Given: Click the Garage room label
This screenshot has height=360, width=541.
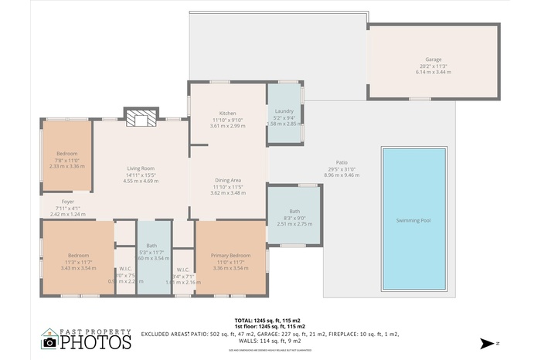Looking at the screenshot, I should coord(432,59).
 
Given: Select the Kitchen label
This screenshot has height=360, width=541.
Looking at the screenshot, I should coord(227,114).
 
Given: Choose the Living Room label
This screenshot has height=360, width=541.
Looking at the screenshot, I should coord(141,168).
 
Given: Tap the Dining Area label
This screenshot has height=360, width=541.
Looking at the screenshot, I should coord(227,181).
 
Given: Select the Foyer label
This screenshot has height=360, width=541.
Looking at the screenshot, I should coord(68,202).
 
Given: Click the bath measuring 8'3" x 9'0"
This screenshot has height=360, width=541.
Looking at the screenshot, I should coord(294,212).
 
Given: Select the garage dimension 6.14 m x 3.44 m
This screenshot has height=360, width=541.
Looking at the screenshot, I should coord(432,72).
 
